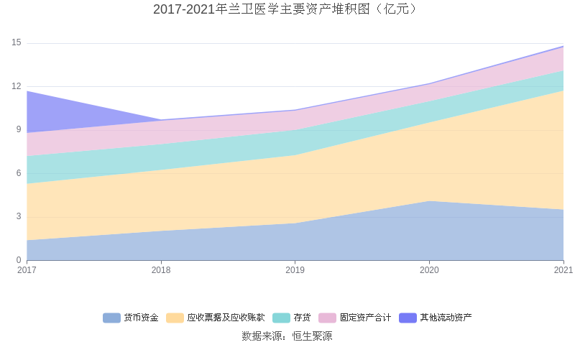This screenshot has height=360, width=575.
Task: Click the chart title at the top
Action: point(287,9)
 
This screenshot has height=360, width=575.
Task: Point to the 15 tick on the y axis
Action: point(17,43)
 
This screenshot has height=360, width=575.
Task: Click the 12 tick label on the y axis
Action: point(17,86)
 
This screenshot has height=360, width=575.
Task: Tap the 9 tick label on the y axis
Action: point(19,130)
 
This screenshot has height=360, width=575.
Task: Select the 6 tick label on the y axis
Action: point(19,173)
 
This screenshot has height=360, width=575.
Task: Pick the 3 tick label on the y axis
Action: point(19,217)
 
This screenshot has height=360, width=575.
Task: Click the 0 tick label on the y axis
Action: point(19,260)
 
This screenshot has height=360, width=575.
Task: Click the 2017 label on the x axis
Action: point(27,270)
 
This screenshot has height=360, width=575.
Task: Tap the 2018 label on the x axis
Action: point(161,270)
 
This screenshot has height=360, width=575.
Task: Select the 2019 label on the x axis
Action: point(295,270)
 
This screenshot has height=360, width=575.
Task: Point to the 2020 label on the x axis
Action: point(429,270)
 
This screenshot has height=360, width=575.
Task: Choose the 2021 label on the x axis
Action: point(563,270)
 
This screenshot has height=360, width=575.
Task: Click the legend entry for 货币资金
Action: point(131,318)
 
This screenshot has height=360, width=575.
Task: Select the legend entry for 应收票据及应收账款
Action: point(216,318)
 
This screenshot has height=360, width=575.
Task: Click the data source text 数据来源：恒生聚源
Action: point(287,336)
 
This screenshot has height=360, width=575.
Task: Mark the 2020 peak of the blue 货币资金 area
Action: point(429,201)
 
